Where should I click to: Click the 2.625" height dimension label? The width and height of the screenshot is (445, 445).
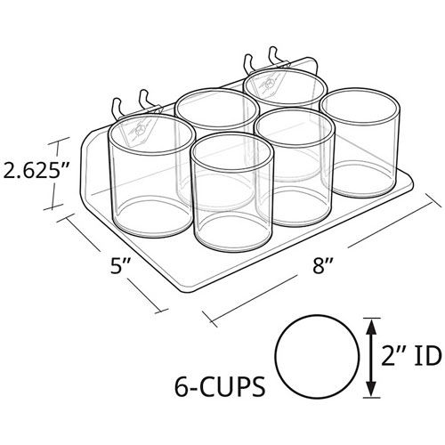[36, 172]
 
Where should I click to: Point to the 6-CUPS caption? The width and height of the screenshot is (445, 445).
[220, 386]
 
